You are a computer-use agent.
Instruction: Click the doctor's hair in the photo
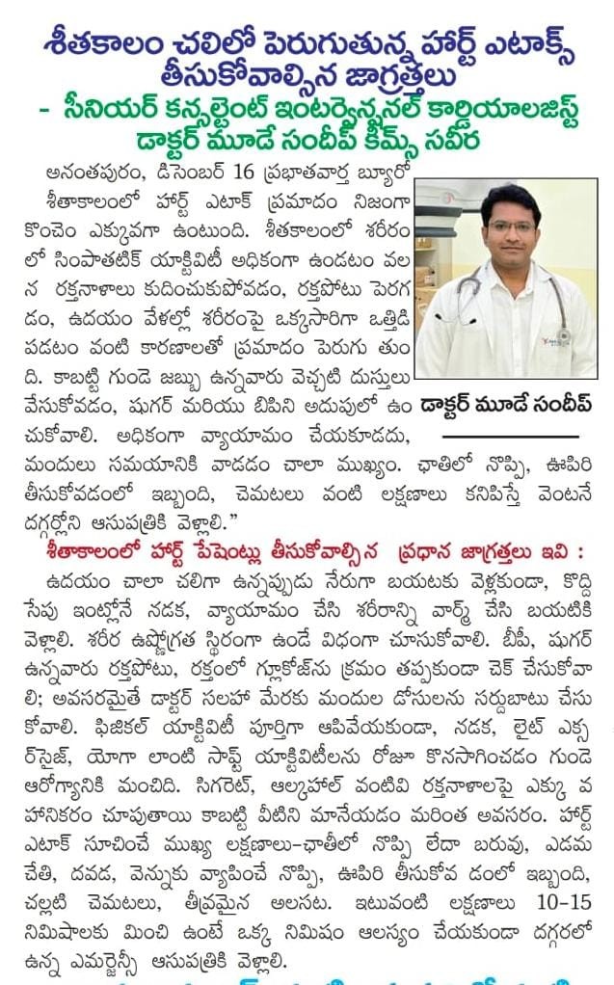[x=509, y=199]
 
